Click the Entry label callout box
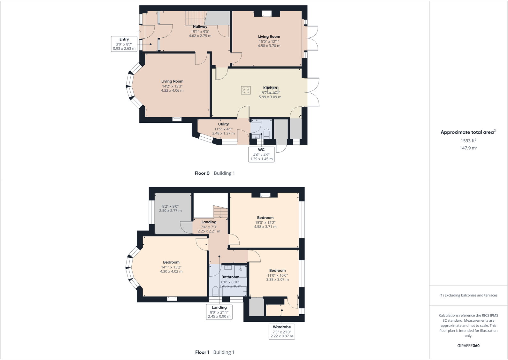(124, 44)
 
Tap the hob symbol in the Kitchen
(246, 90)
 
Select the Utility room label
(223, 124)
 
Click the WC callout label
(261, 154)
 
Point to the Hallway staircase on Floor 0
(195, 18)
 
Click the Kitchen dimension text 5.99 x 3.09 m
(270, 97)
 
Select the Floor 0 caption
(202, 173)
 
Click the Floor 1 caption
(202, 352)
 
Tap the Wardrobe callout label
(282, 331)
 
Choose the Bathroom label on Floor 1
(230, 277)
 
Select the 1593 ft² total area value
(468, 141)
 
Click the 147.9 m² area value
(468, 148)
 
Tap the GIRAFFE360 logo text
(468, 346)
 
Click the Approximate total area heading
(467, 132)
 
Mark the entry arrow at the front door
(139, 32)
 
